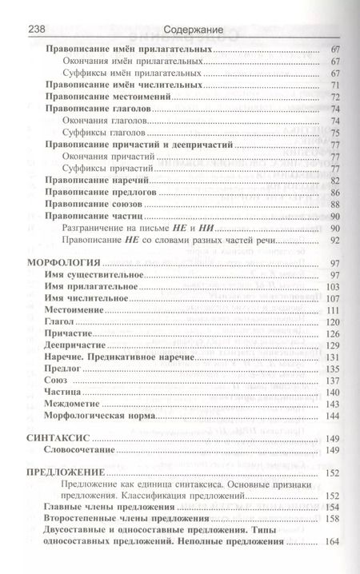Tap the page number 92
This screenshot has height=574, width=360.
click(x=335, y=241)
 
